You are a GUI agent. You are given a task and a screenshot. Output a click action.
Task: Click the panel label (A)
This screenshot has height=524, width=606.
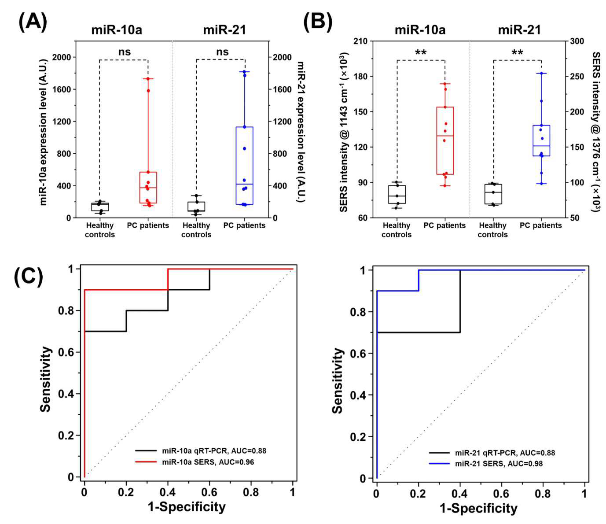[33, 23]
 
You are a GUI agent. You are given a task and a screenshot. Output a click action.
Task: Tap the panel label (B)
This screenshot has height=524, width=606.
[318, 23]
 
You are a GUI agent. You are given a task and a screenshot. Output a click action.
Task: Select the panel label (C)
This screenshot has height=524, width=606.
[29, 277]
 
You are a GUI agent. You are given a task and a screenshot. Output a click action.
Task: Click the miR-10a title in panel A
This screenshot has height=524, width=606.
[117, 30]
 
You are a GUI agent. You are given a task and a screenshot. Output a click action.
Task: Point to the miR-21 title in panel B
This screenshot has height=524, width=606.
[519, 30]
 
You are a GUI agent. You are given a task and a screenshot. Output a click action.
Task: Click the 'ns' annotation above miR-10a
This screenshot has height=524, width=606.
[124, 52]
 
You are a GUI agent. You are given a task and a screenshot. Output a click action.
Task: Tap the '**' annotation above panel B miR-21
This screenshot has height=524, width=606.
[517, 52]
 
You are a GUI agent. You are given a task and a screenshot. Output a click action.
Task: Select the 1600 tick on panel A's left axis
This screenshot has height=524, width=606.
[62, 89]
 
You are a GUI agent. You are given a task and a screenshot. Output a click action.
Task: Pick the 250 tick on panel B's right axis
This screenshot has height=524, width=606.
[577, 76]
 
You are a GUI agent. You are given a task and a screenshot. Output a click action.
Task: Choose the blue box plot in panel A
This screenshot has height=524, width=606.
[244, 166]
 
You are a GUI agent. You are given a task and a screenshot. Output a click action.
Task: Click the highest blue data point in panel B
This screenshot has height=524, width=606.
[541, 74]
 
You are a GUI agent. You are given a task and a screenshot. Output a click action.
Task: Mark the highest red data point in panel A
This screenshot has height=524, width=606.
[148, 79]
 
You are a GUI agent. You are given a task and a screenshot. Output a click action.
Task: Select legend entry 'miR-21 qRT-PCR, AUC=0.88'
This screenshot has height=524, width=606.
[492, 453]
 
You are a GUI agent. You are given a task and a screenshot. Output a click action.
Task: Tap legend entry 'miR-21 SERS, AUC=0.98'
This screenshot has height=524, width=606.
[486, 464]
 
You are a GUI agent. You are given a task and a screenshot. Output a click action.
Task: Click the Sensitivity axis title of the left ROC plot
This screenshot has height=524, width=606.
[46, 379]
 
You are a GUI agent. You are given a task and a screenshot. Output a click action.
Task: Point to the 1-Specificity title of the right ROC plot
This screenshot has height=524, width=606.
[478, 508]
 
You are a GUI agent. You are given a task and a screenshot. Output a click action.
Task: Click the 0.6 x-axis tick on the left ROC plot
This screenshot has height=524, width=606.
[209, 492]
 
